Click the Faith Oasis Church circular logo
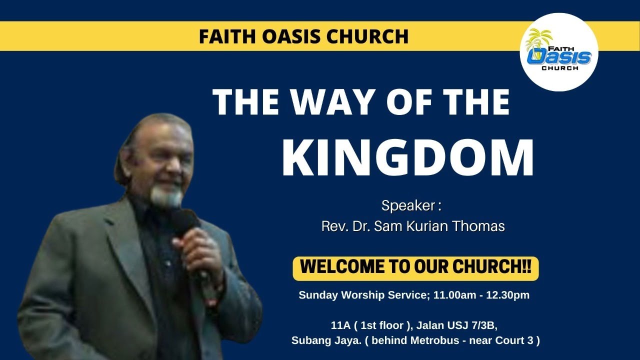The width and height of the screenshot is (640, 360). [559, 52]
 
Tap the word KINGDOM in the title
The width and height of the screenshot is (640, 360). [407, 159]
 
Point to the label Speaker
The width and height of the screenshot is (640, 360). [410, 205]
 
